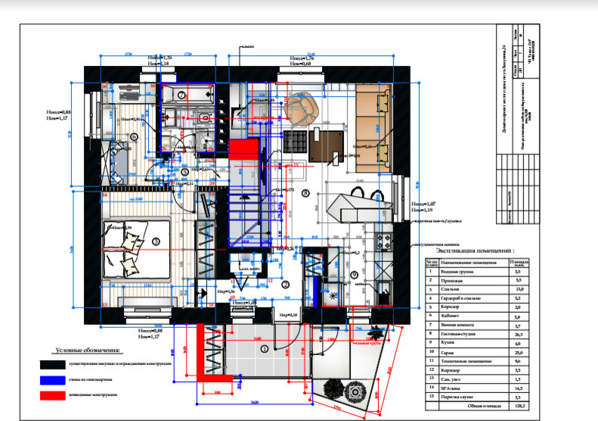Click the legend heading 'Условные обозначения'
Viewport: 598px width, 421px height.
tap(88, 351)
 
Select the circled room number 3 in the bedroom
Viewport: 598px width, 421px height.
tap(156, 241)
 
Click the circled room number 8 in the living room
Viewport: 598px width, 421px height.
tap(305, 194)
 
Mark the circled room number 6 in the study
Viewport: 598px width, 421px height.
tap(134, 136)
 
